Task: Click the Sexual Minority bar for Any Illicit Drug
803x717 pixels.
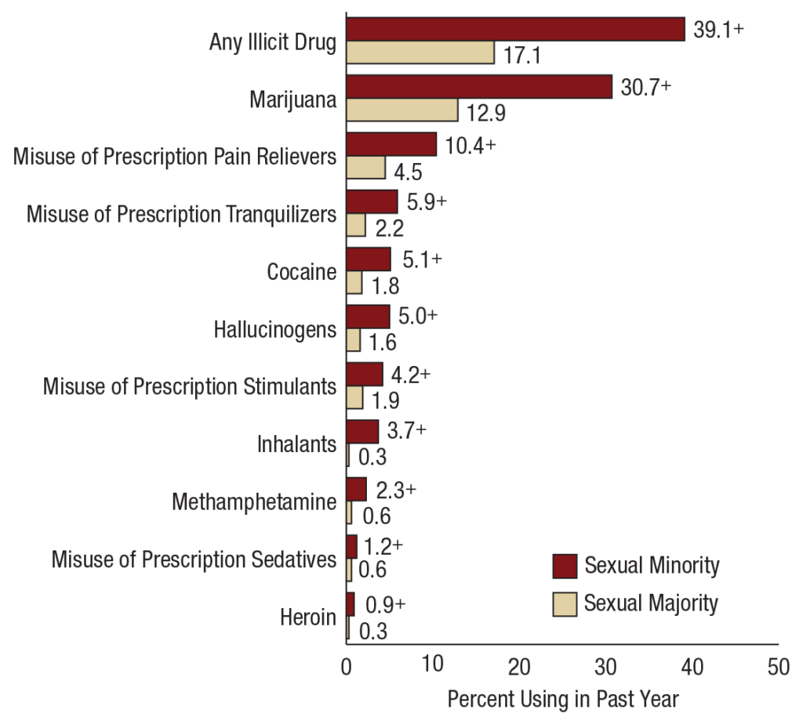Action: click(x=515, y=29)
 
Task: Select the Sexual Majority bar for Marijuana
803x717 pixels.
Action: click(x=401, y=110)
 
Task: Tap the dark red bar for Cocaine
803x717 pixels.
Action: click(x=369, y=259)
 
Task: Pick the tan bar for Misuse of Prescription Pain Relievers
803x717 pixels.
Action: click(x=365, y=168)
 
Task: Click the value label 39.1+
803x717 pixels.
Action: click(x=718, y=29)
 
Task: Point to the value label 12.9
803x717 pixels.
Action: click(x=487, y=113)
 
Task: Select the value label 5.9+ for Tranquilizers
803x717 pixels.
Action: click(x=427, y=201)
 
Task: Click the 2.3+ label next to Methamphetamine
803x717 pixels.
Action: click(x=396, y=489)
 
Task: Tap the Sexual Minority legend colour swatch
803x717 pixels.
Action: click(x=565, y=565)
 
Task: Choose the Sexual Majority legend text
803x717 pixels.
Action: click(x=651, y=603)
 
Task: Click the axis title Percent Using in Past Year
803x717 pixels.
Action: click(x=562, y=698)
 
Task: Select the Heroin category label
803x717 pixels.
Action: click(x=308, y=617)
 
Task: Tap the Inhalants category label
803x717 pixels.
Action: click(x=296, y=444)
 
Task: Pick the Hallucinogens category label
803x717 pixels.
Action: click(x=274, y=329)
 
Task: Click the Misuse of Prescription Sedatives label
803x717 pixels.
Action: click(x=194, y=559)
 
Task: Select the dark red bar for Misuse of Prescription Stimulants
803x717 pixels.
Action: click(x=365, y=374)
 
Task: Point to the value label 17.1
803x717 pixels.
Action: click(x=524, y=56)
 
